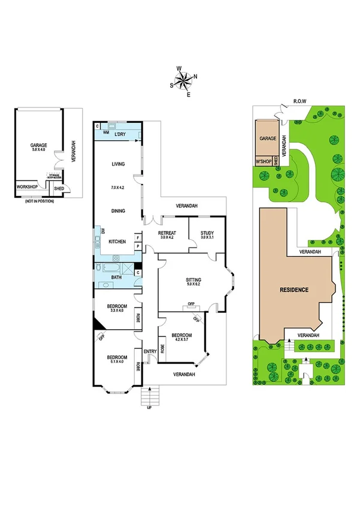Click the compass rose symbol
(x=184, y=80)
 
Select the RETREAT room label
(x=166, y=233)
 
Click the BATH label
(x=117, y=278)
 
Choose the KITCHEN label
(x=117, y=241)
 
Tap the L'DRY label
(x=122, y=134)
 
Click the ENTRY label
(x=149, y=352)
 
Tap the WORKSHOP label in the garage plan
(x=28, y=187)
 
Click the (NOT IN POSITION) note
(x=38, y=201)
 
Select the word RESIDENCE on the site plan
(x=294, y=290)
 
